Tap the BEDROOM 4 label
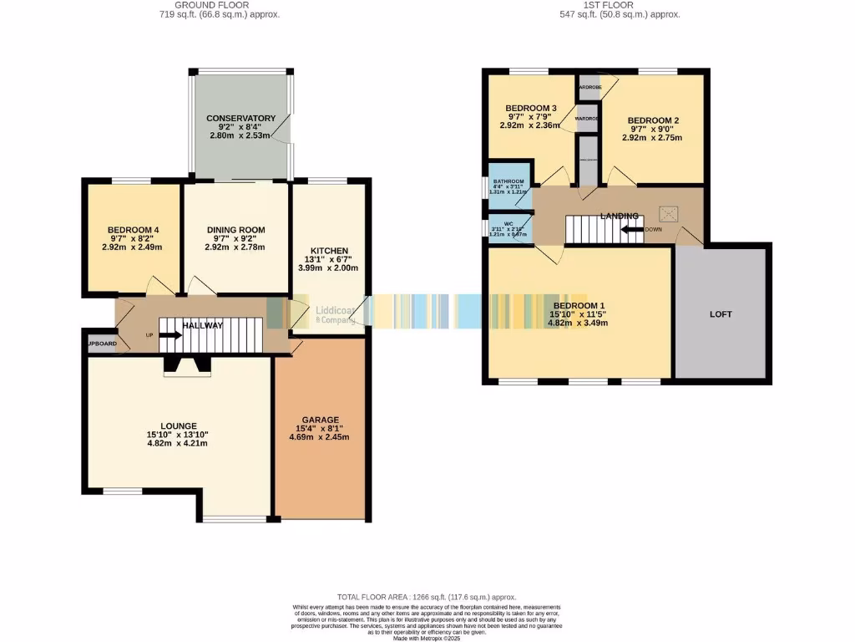tap(133, 230)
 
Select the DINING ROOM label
tap(235, 230)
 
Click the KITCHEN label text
tap(328, 251)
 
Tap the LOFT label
tap(721, 314)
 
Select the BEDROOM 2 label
tap(653, 120)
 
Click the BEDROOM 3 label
tap(531, 109)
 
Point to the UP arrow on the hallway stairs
tap(170, 335)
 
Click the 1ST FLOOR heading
tap(619, 5)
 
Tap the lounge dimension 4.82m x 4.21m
tap(176, 443)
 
